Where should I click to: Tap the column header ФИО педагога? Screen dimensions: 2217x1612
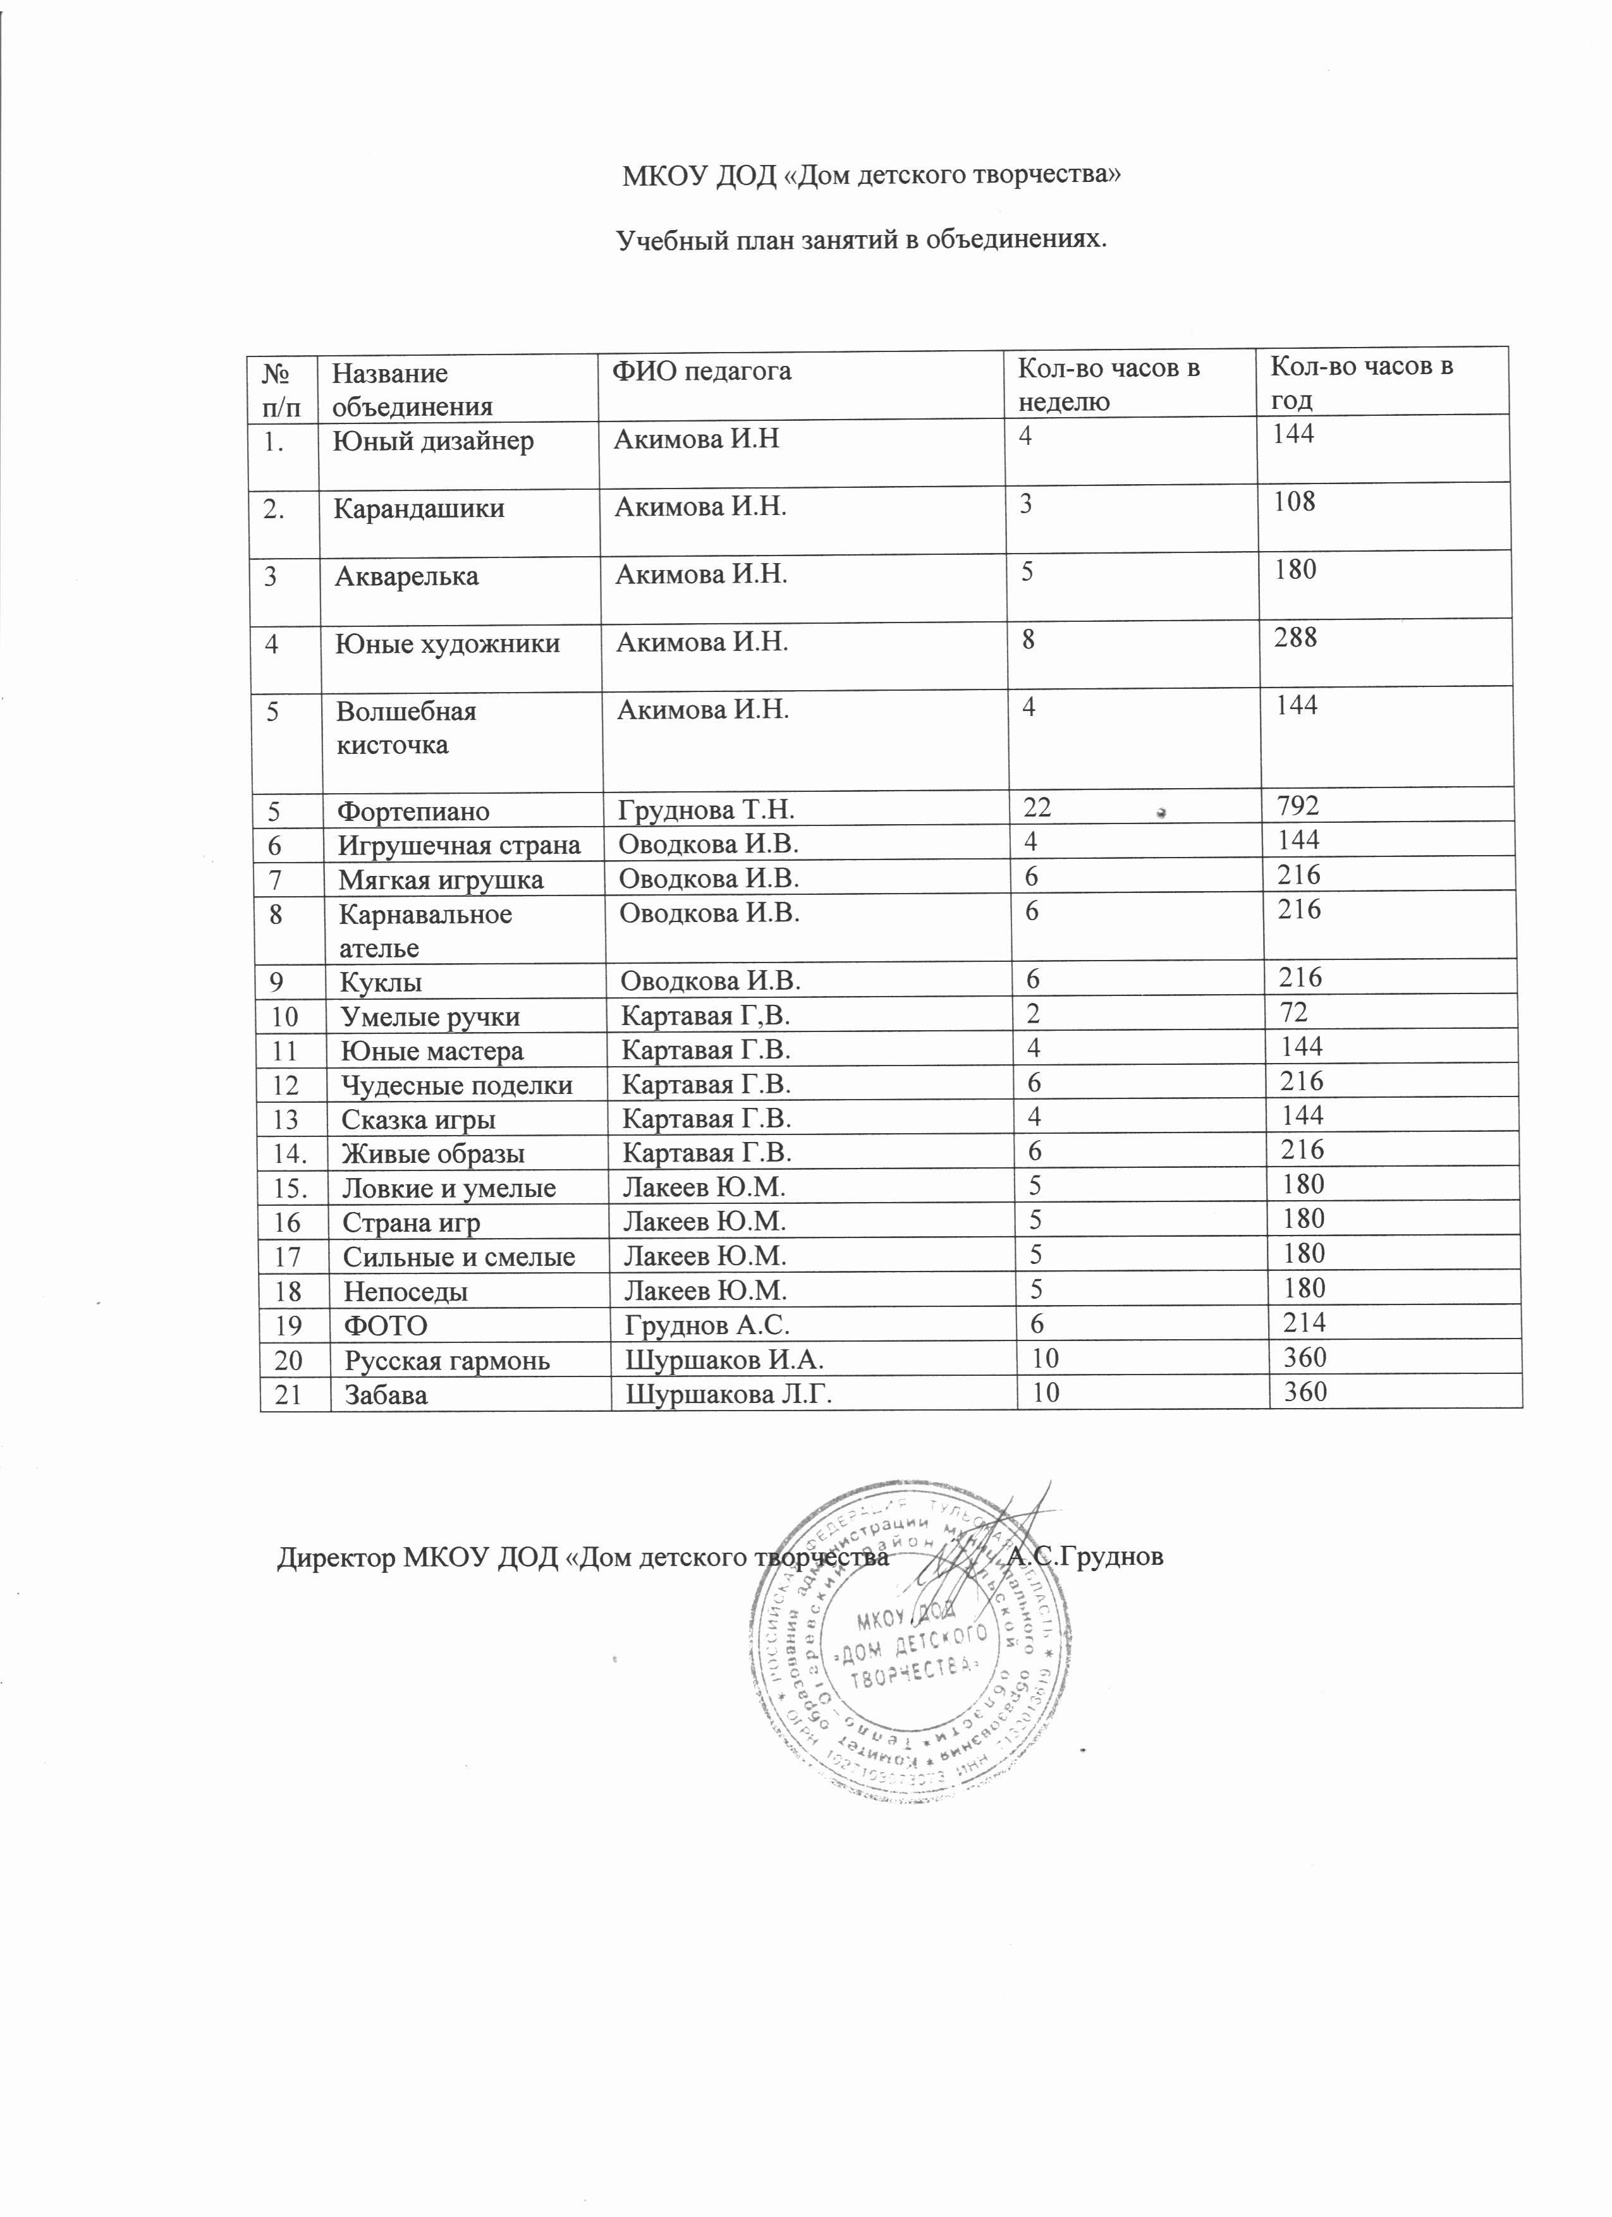[701, 372]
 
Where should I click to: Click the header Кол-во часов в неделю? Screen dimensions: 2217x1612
[1109, 384]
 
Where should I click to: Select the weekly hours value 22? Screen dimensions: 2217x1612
[1037, 808]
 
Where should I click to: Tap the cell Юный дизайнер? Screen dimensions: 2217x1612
[434, 441]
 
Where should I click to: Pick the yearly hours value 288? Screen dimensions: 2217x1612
[1297, 638]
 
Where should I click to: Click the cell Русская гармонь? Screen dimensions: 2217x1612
[447, 1360]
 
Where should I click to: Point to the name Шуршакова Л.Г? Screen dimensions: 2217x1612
[728, 1394]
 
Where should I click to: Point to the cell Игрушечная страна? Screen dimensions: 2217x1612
[460, 844]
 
